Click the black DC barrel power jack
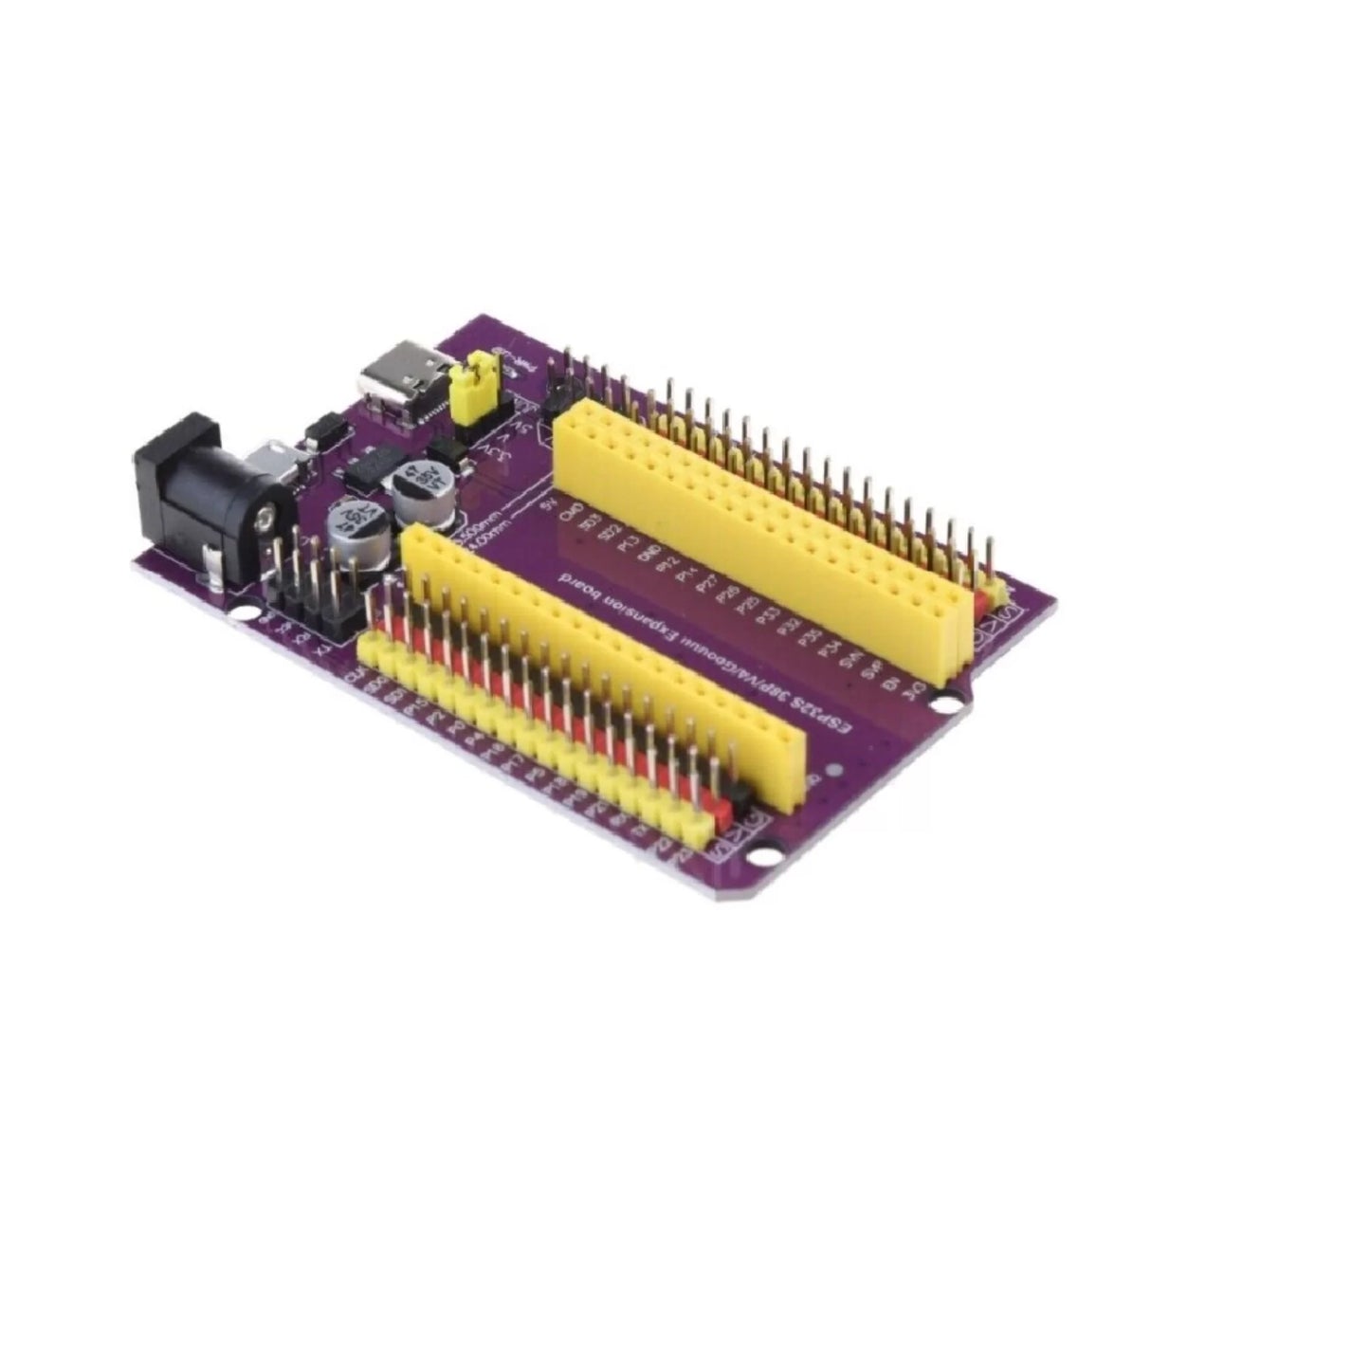tap(204, 498)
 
